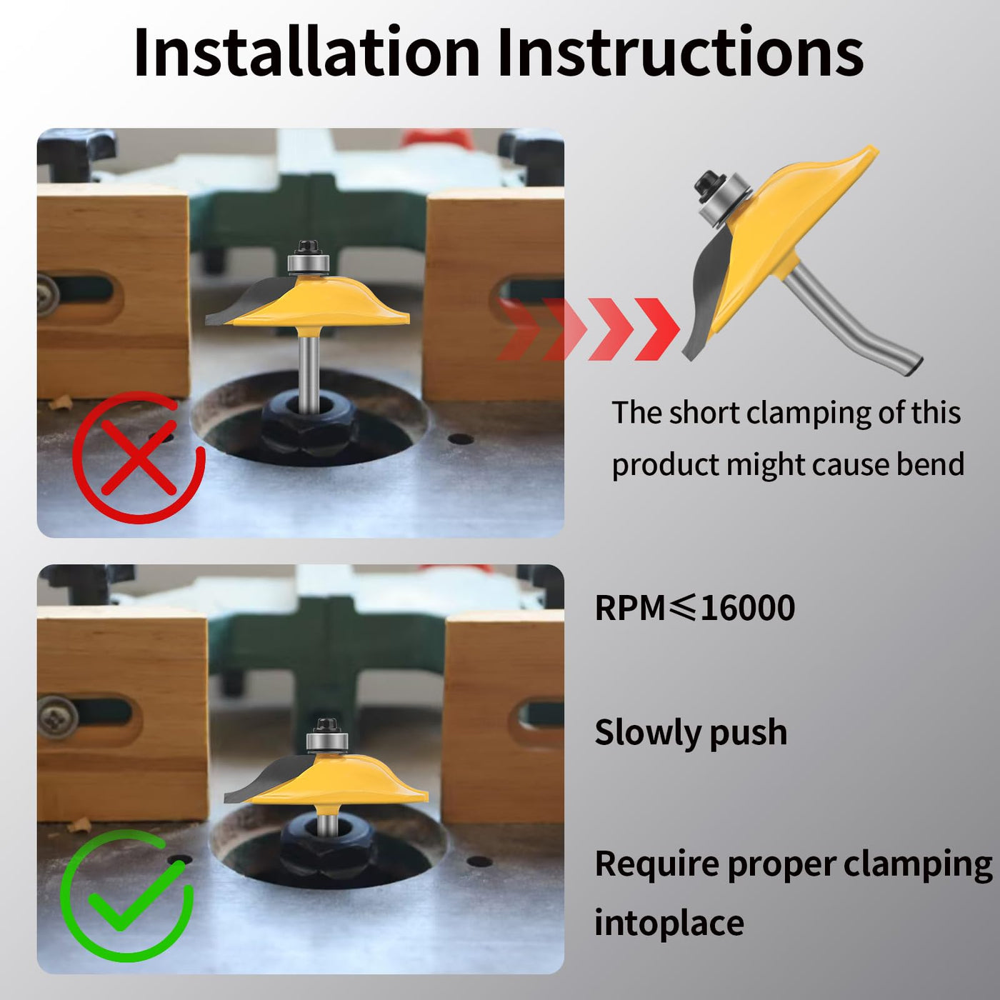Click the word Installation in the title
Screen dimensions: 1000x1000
(306, 52)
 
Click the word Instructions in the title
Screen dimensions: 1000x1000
(680, 52)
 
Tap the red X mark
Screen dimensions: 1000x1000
(139, 457)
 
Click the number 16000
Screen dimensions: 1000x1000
(748, 608)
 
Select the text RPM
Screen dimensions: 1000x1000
(630, 608)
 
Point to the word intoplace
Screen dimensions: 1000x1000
(669, 923)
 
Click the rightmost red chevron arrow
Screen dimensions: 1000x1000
(657, 329)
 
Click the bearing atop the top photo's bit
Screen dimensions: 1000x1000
(309, 263)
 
